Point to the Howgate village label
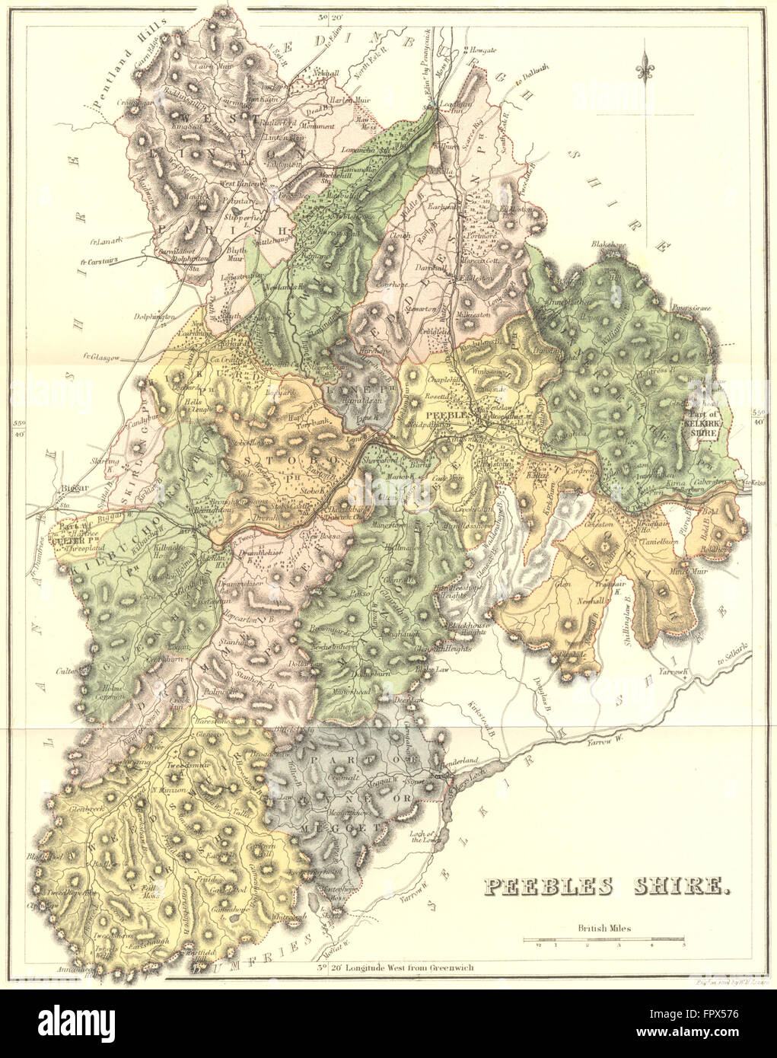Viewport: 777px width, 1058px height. (x=481, y=49)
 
